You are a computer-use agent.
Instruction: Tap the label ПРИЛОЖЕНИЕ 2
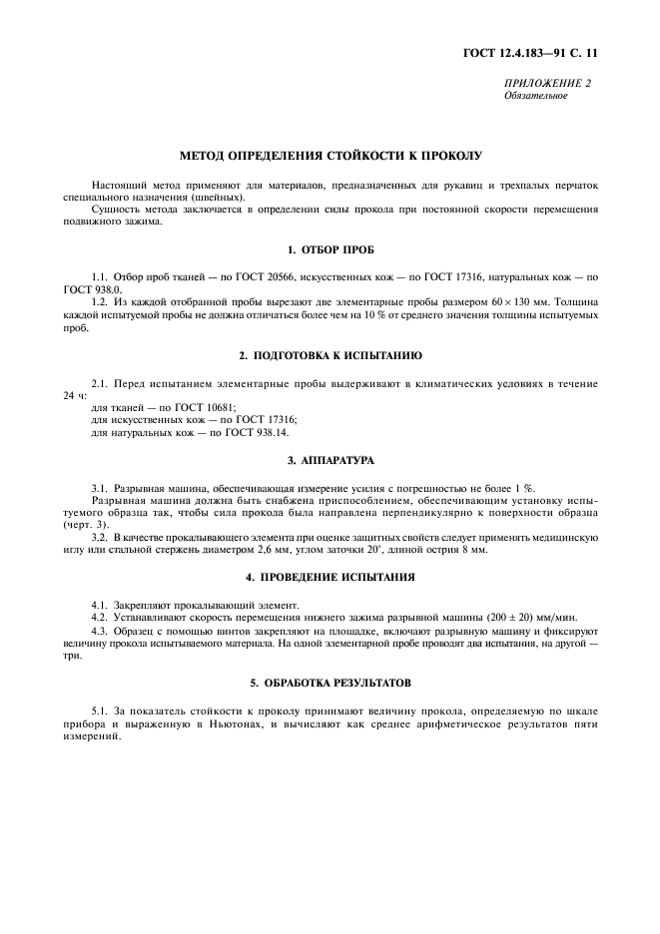click(x=548, y=83)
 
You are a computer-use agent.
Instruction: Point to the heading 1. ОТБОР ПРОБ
click(x=330, y=249)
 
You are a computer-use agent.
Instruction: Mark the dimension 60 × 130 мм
click(x=483, y=300)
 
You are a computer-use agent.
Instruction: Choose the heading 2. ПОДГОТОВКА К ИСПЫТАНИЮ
click(x=330, y=355)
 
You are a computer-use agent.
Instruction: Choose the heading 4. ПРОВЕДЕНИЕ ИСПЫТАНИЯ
click(x=330, y=578)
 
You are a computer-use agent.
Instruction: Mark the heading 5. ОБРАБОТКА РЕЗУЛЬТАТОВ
click(x=330, y=683)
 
